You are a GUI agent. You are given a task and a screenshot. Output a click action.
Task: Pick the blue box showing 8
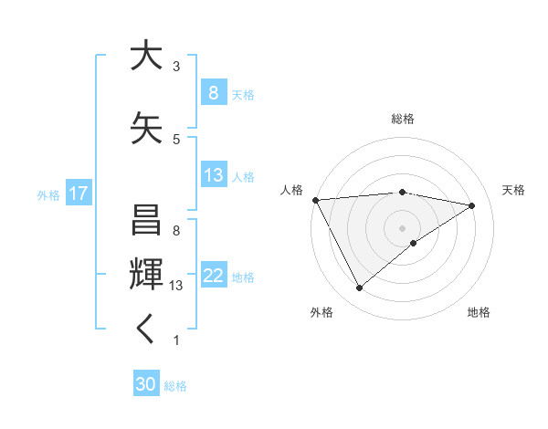(213, 93)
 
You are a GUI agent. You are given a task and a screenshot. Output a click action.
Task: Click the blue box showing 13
(213, 175)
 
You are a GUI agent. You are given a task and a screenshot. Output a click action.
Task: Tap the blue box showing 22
(213, 277)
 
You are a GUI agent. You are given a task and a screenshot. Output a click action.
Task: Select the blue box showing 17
(78, 194)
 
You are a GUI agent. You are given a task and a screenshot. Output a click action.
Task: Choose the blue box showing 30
(146, 385)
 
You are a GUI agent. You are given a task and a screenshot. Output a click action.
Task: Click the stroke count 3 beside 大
(176, 66)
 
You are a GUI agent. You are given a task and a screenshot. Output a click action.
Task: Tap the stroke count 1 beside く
(176, 340)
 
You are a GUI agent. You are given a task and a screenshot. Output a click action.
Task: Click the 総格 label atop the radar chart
(402, 119)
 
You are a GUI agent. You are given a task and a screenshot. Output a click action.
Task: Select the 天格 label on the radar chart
(513, 190)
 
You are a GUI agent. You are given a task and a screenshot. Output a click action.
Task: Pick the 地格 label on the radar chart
(479, 312)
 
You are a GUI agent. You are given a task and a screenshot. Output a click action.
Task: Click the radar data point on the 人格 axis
(315, 199)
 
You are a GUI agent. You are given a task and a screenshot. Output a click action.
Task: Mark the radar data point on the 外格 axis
(359, 288)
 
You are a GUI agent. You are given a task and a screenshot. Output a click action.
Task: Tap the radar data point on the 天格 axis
(472, 204)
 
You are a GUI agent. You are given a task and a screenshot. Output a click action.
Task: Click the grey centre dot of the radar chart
(402, 227)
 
